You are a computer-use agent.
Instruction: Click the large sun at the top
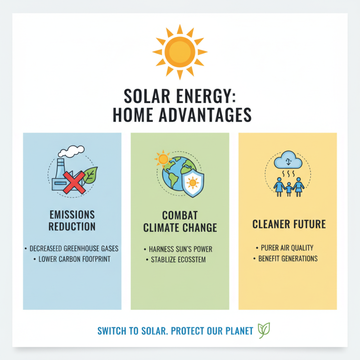tap(180, 51)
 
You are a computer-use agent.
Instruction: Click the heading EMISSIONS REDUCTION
tap(72, 220)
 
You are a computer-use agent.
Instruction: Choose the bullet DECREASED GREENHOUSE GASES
tap(72, 248)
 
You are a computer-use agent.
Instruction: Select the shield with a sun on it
tap(193, 184)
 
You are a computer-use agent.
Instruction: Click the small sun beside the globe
tap(162, 158)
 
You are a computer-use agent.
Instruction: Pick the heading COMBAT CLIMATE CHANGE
tap(180, 221)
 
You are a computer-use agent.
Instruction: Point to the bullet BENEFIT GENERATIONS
tap(288, 259)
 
